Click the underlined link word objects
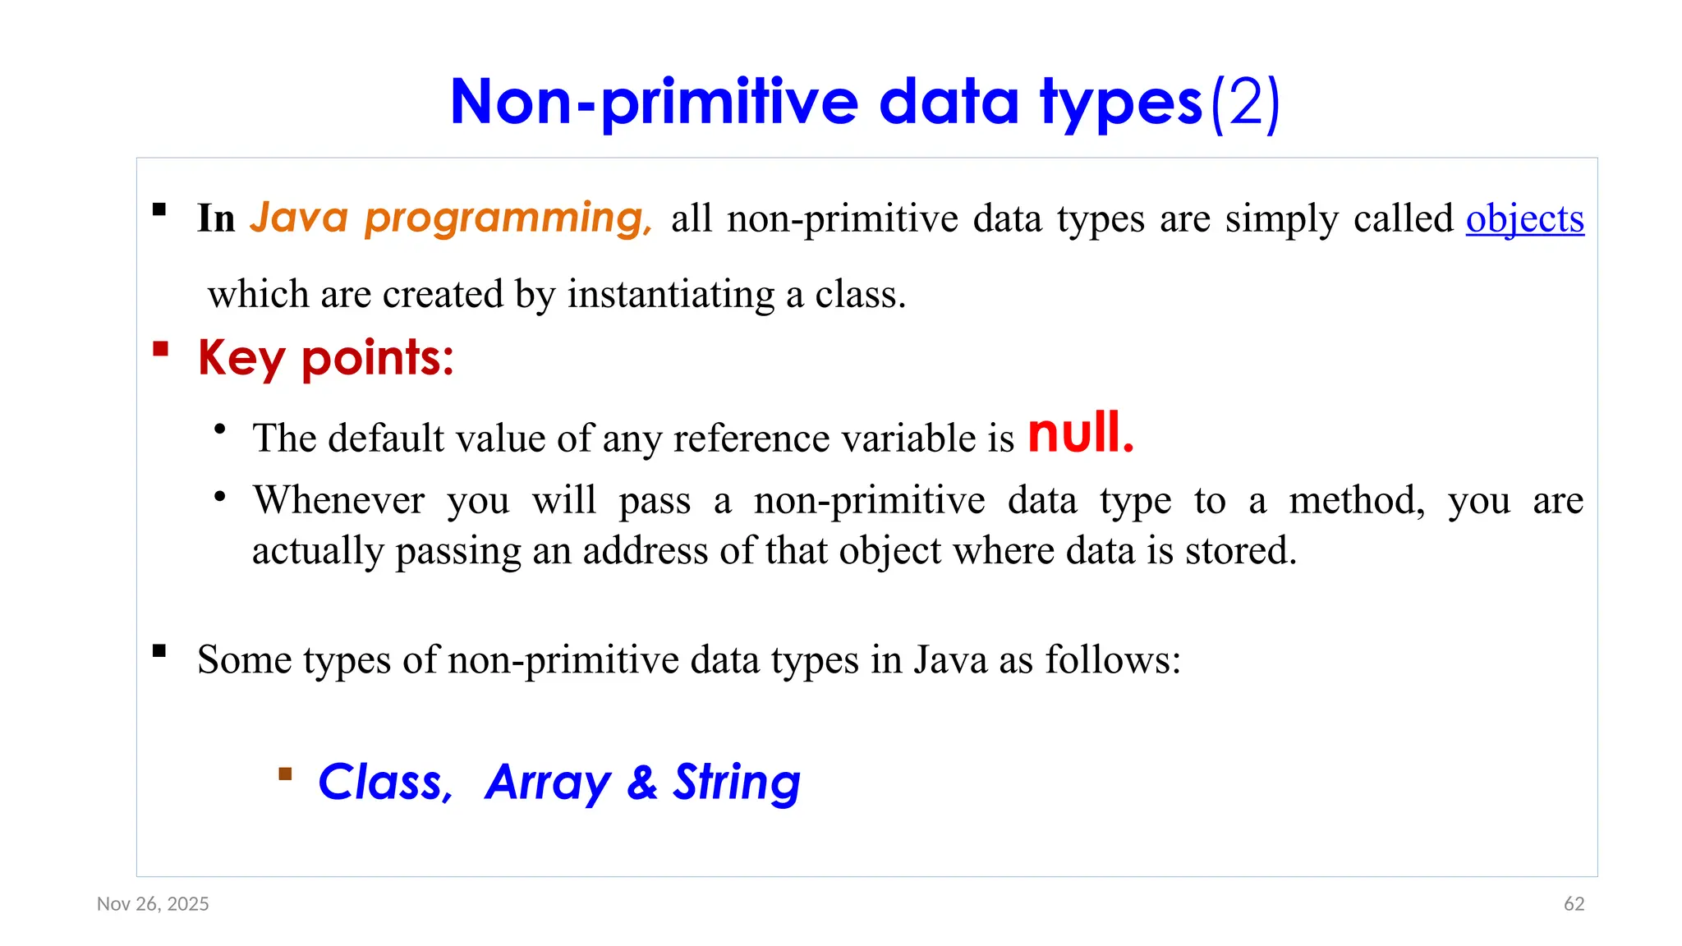pyautogui.click(x=1524, y=219)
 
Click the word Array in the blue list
pyautogui.click(x=548, y=782)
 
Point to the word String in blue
pyautogui.click(x=737, y=782)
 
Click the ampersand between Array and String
pyautogui.click(x=641, y=782)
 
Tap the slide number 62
pyautogui.click(x=1574, y=904)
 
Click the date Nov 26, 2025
pyautogui.click(x=153, y=904)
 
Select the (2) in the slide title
pyautogui.click(x=1245, y=103)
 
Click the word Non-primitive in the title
pyautogui.click(x=654, y=103)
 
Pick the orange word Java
pyautogui.click(x=299, y=218)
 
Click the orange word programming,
pyautogui.click(x=508, y=218)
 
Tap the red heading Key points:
pyautogui.click(x=326, y=359)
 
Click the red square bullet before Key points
pyautogui.click(x=161, y=350)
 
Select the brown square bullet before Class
pyautogui.click(x=285, y=774)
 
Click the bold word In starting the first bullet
pyautogui.click(x=216, y=219)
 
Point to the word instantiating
pyautogui.click(x=670, y=295)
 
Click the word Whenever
pyautogui.click(x=338, y=500)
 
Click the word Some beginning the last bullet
pyautogui.click(x=244, y=660)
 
